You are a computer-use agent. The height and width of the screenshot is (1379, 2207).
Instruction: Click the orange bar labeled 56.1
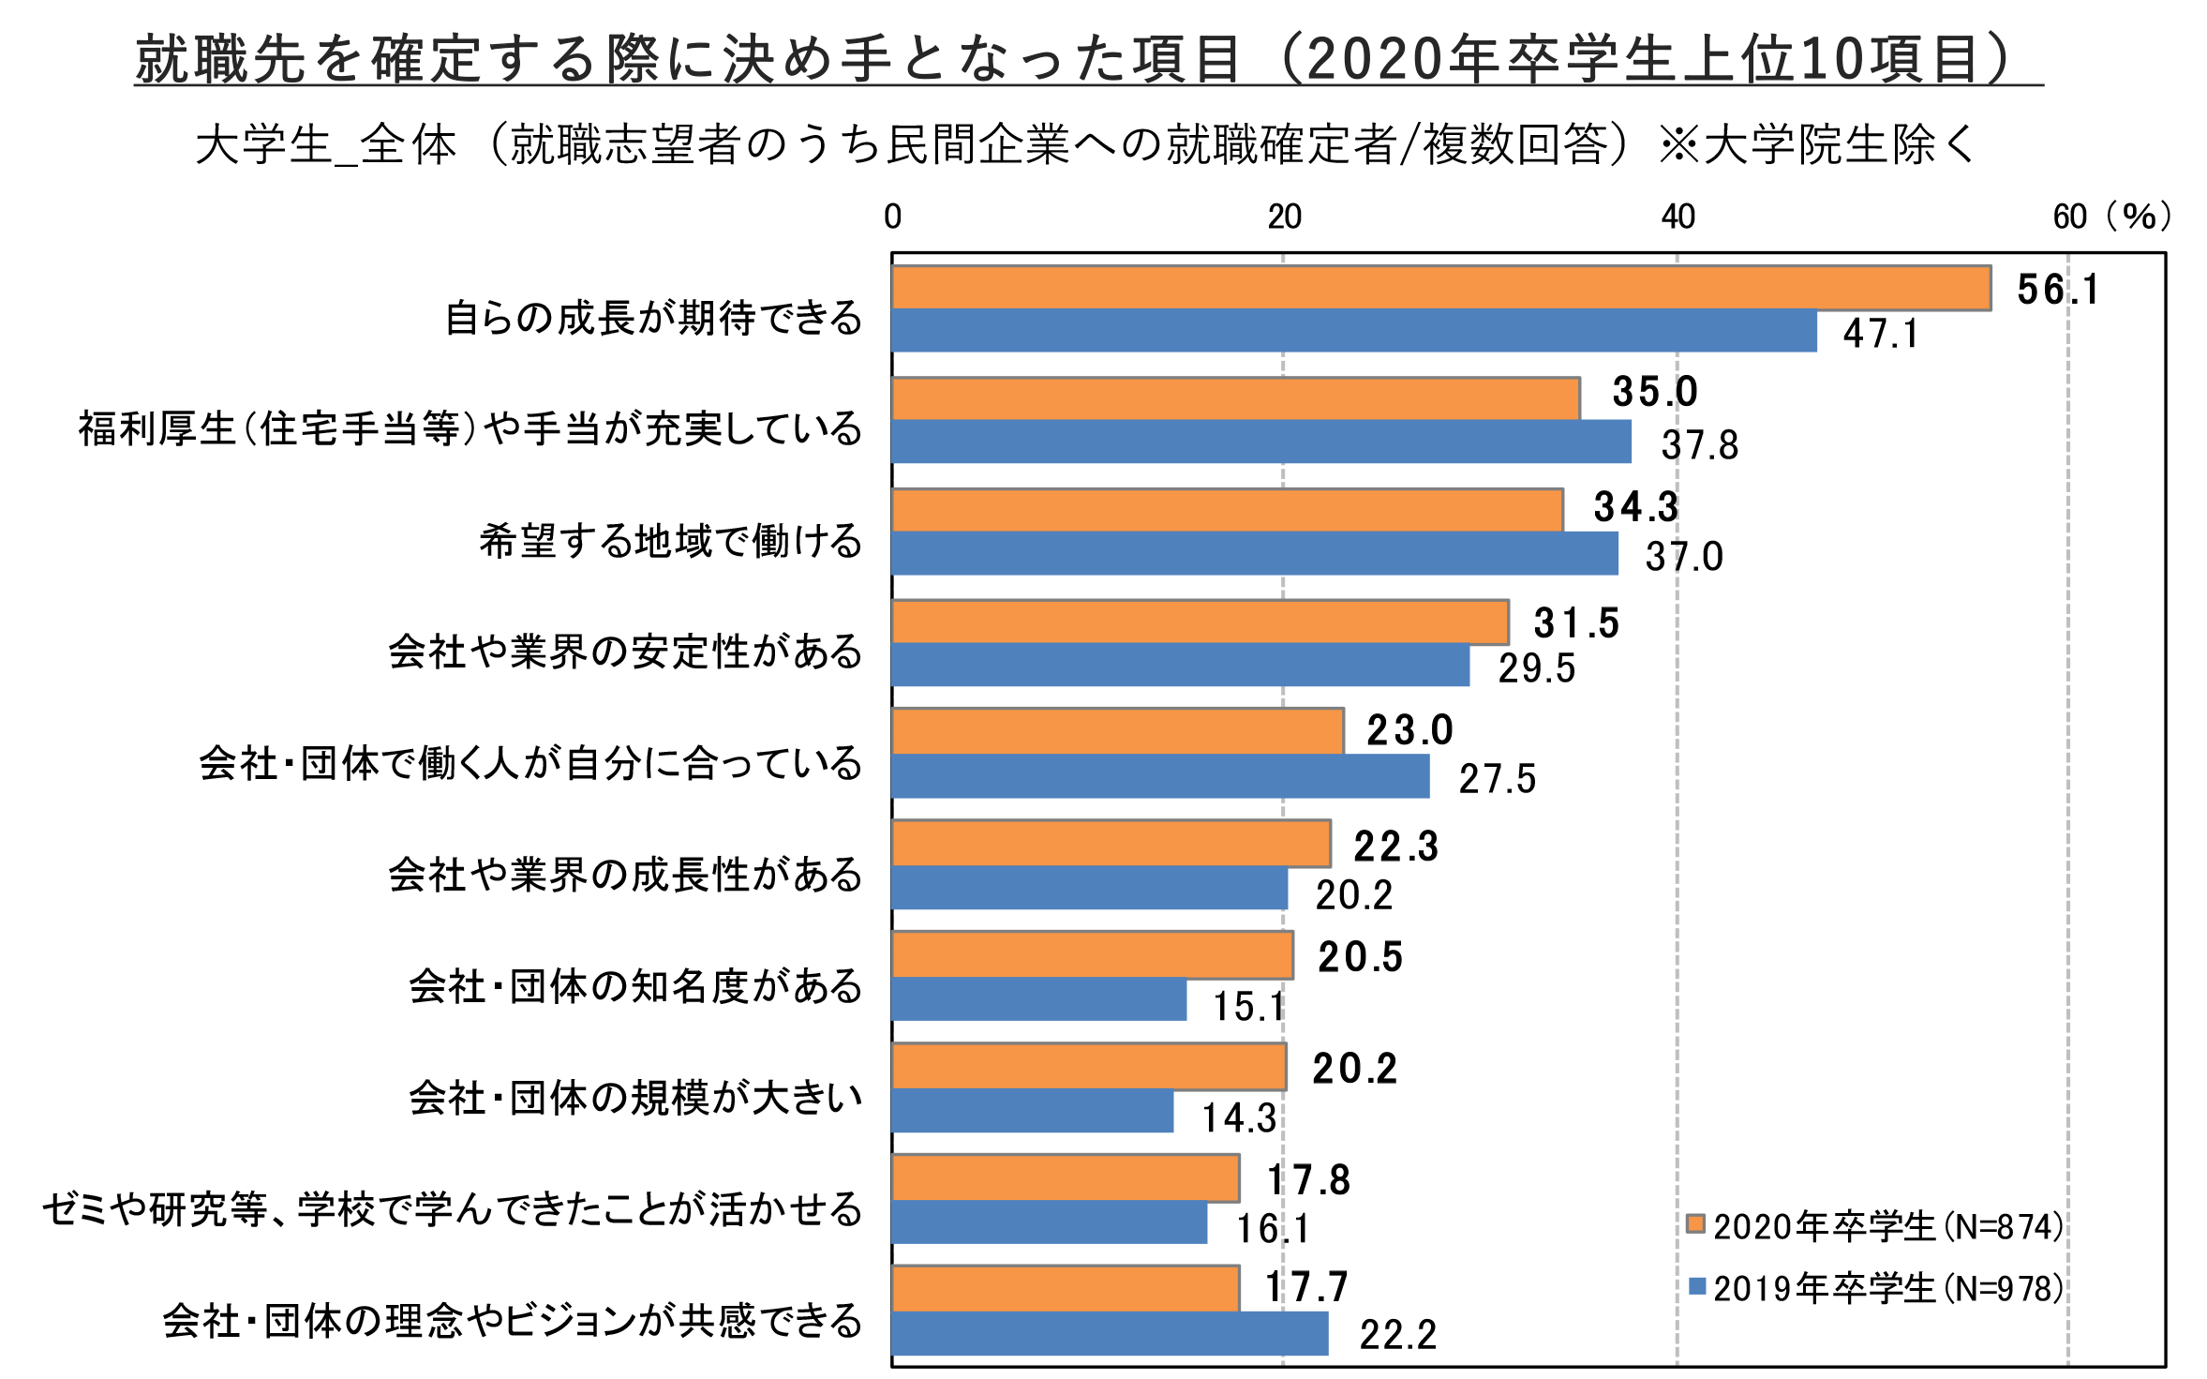coord(1441,288)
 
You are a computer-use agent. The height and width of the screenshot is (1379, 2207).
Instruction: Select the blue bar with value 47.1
coord(1354,331)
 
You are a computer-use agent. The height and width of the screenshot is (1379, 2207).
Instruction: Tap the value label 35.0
coord(1655,392)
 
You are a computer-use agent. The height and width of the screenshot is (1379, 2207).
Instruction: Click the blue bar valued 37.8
coord(1261,442)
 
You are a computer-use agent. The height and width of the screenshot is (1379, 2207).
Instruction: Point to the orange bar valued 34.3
coord(1228,510)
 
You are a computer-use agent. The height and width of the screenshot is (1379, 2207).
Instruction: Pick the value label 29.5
coord(1537,668)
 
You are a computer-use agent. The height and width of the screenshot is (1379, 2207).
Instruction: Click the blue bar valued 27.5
coord(1161,776)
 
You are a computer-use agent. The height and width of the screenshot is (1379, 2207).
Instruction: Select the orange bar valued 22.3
coord(1111,844)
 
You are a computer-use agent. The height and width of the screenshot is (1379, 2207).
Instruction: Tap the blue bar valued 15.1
coord(1039,999)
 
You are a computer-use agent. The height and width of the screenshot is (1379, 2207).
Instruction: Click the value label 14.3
coord(1239,1118)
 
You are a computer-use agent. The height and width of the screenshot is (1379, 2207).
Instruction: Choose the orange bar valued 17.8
coord(1066,1178)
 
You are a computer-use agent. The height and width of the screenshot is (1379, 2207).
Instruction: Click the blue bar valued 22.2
coord(1111,1334)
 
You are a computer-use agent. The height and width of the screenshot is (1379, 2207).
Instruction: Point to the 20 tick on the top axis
coord(1285,217)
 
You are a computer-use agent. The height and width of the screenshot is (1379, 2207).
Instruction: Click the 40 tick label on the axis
coord(1678,217)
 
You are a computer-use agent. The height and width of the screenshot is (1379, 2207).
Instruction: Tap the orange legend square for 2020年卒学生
coord(1695,1223)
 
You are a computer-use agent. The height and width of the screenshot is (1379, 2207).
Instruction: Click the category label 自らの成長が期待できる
coord(653,318)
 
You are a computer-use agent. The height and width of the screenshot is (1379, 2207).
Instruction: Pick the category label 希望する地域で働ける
coord(671,541)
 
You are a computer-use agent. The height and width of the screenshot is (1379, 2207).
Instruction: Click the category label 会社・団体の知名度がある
coord(635,986)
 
